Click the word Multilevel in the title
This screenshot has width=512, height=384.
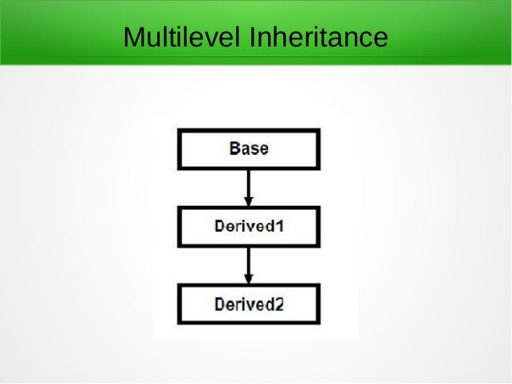point(182,37)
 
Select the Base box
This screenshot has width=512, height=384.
point(249,148)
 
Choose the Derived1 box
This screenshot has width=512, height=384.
point(249,226)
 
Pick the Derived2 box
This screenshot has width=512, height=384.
point(249,304)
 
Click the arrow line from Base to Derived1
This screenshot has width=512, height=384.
point(249,183)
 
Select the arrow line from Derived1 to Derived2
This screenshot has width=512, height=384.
point(249,261)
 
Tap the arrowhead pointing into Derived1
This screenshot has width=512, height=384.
point(249,200)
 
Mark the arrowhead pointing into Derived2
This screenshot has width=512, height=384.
point(249,278)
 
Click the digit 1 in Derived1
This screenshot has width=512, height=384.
point(280,226)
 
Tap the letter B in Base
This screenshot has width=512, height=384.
point(234,148)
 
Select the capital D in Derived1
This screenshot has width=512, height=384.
point(219,226)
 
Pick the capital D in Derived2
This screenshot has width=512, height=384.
point(219,304)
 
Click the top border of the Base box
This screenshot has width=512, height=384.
point(249,131)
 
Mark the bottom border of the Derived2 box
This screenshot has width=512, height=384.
point(249,322)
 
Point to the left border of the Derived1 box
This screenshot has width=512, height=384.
point(178,226)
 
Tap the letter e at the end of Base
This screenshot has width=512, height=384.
point(263,148)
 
